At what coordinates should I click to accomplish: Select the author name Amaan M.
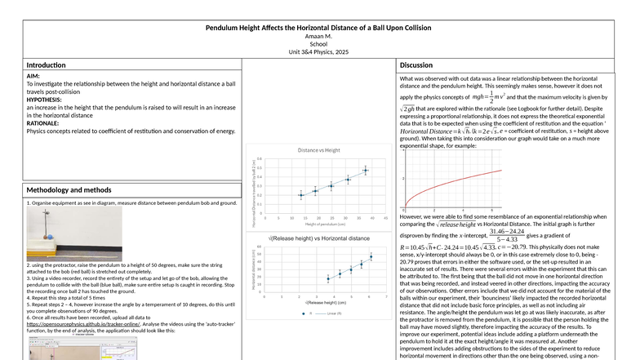point(319,38)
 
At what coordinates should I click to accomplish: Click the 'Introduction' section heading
point(47,64)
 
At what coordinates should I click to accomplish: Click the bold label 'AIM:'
point(34,76)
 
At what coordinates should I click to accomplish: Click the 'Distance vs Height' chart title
point(320,152)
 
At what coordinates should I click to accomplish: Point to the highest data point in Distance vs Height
point(366,171)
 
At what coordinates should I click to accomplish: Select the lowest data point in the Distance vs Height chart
point(301,196)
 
